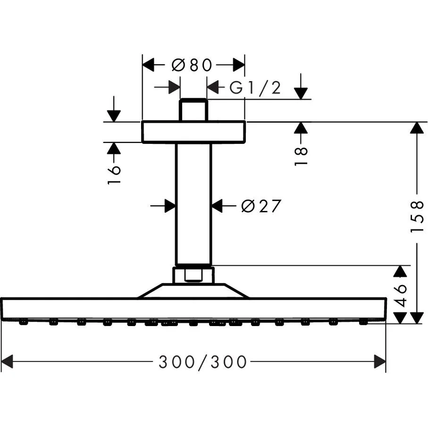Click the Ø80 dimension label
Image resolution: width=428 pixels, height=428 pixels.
[x=192, y=65]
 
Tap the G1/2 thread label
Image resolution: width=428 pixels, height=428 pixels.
[x=255, y=87]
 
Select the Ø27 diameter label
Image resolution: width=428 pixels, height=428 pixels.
[x=260, y=206]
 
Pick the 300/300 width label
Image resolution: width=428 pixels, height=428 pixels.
[x=202, y=362]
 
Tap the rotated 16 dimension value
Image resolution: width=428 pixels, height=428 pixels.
[x=114, y=174]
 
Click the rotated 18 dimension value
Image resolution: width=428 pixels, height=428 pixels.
[x=302, y=156]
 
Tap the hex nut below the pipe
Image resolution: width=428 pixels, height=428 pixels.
[x=193, y=275]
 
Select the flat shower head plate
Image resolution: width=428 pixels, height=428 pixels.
[x=193, y=309]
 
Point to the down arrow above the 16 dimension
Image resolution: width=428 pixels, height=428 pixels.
[x=114, y=115]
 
